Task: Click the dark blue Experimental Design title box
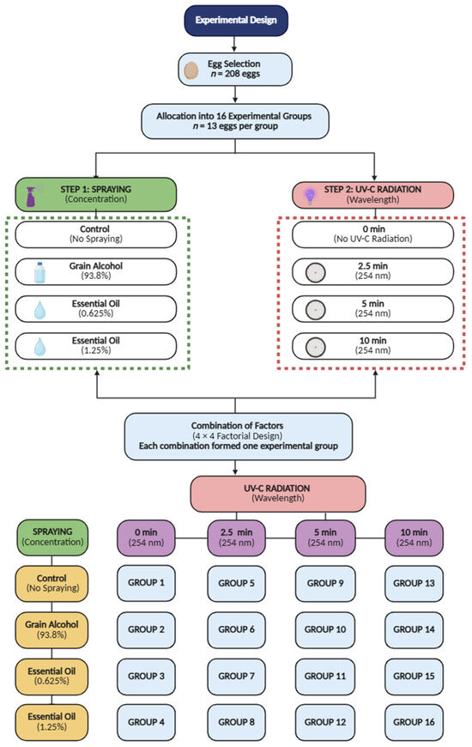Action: point(236,21)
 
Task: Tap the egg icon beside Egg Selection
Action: point(191,70)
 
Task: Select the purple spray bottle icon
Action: point(32,197)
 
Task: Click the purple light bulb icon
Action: point(310,196)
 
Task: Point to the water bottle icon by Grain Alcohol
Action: point(40,272)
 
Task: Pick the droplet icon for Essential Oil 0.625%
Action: point(40,310)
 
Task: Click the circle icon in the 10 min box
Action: point(315,347)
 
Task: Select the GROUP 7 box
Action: point(236,676)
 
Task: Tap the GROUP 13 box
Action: point(414,583)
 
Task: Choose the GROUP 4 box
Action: point(146,722)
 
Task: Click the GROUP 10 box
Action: point(325,630)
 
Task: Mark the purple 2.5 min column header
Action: point(236,537)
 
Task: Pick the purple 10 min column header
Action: point(414,537)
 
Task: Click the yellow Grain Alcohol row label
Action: point(51,630)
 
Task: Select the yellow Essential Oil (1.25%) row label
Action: point(51,722)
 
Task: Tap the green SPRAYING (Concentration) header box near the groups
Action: point(52,537)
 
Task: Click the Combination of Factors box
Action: point(238,436)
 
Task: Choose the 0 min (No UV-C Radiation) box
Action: point(373,234)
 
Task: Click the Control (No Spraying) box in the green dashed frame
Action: point(96,234)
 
